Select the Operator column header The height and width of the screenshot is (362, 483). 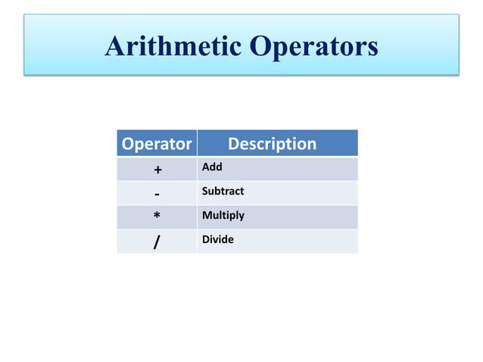157,143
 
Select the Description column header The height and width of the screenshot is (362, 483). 272,143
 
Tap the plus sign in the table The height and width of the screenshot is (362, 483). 157,169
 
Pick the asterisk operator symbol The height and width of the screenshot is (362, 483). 157,217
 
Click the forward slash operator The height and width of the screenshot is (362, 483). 157,242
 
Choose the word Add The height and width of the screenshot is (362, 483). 211,167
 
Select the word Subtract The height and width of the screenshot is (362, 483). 223,191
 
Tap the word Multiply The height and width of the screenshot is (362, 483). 223,216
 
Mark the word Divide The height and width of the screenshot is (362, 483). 217,239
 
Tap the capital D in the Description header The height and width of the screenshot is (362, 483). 234,143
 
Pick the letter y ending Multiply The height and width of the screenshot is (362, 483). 241,217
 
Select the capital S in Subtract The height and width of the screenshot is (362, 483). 204,191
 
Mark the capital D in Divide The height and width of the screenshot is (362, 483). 205,239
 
